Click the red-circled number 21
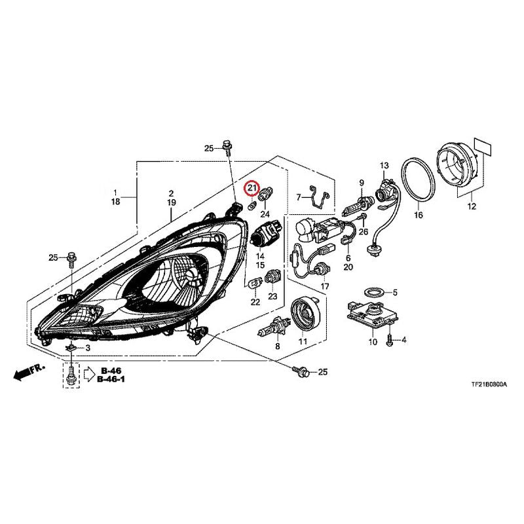pos(251,188)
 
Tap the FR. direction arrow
pos(29,371)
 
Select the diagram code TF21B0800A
pos(489,384)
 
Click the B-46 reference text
pos(111,371)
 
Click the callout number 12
pos(472,206)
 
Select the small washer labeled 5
pos(373,292)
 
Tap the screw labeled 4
pos(390,341)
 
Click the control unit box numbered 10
pos(368,315)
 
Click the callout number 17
pos(324,286)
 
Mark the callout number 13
pos(384,166)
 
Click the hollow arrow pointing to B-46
pos(90,375)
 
